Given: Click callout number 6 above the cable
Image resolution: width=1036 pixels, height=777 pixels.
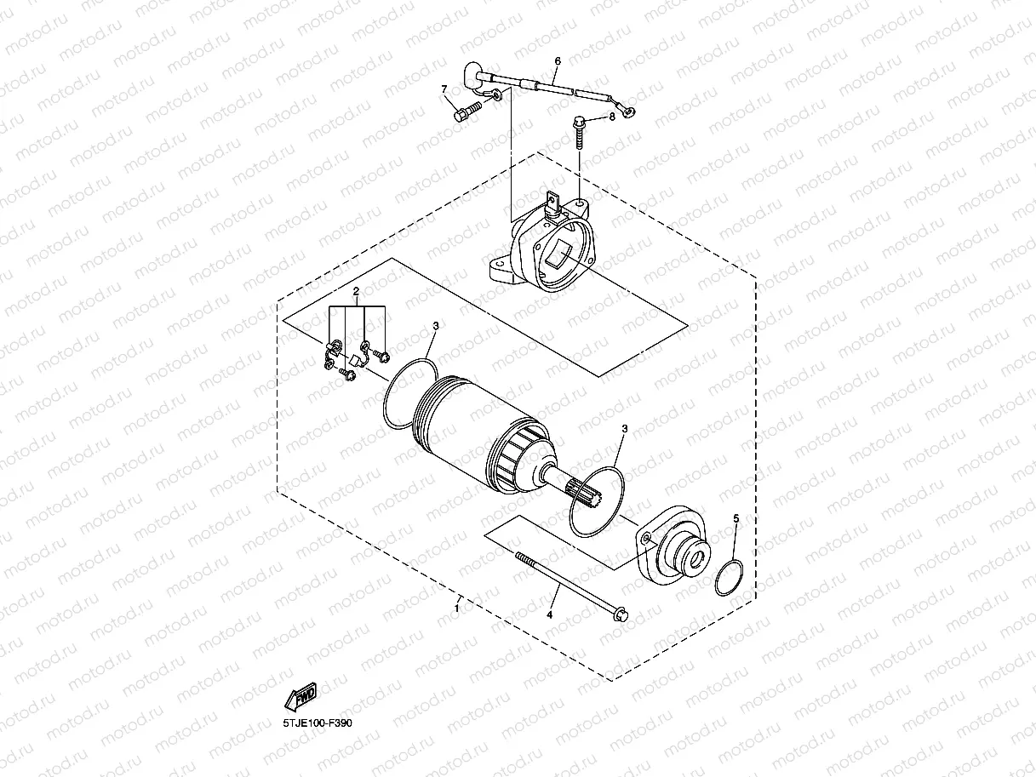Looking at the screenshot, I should (x=558, y=61).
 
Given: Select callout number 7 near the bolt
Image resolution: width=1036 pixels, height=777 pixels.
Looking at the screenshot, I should (x=444, y=89).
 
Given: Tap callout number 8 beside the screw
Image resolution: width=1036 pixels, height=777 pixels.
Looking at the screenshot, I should (x=611, y=117).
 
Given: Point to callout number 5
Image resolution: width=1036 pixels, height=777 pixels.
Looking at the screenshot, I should (x=736, y=517).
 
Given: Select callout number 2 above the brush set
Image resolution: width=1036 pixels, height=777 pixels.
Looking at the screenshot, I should (x=357, y=292).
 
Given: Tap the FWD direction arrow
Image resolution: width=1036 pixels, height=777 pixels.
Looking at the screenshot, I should (x=300, y=697).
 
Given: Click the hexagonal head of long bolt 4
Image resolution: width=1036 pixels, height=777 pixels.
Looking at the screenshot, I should (x=620, y=612).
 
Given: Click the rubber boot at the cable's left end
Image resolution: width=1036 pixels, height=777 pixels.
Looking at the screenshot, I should (x=472, y=73).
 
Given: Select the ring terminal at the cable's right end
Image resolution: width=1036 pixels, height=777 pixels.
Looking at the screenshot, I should (x=629, y=108).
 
